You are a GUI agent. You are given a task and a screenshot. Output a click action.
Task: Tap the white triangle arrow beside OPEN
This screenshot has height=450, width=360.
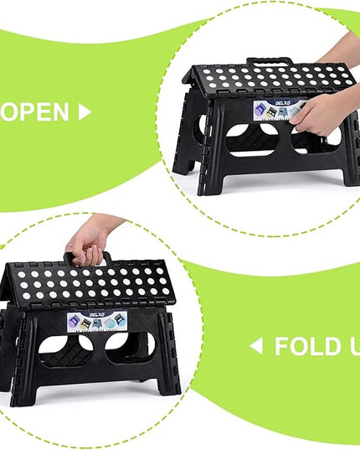84,112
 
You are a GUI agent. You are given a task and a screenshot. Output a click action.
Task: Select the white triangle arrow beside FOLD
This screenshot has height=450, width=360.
256,345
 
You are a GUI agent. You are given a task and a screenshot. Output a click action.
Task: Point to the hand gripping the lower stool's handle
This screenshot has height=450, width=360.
90,238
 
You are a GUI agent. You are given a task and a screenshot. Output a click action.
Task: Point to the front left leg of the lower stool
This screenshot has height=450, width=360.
23,369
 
